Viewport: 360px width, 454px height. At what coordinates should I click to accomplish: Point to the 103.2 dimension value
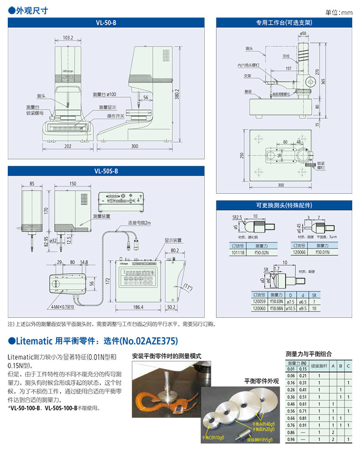[68, 38]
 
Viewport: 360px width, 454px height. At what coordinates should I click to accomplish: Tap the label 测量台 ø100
[104, 94]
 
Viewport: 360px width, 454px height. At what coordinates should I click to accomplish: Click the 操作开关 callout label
[116, 116]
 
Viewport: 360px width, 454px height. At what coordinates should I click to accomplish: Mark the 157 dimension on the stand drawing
[288, 68]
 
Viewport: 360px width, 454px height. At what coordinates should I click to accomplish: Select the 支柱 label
[286, 56]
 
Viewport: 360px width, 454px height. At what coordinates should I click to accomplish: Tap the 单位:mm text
[339, 12]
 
